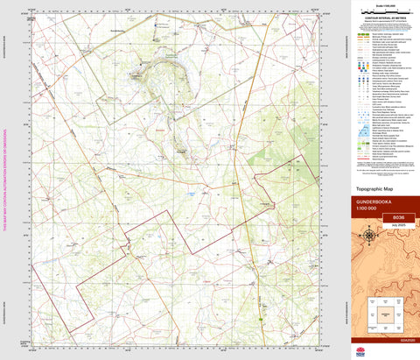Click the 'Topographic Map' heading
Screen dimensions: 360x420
[369, 188]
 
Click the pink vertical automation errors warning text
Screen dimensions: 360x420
[4, 180]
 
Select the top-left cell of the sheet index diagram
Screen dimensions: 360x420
[372, 300]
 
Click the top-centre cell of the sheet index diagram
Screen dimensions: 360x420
[385, 300]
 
